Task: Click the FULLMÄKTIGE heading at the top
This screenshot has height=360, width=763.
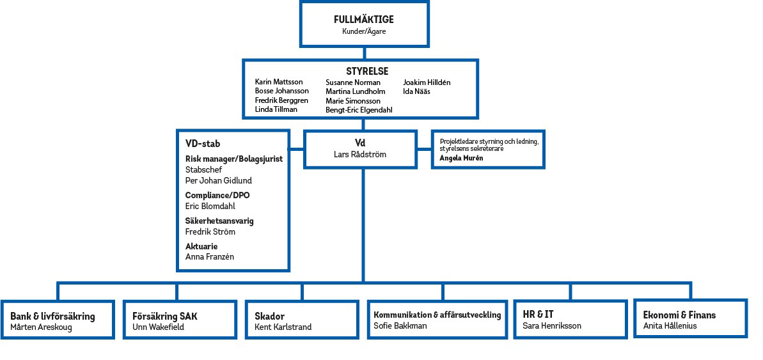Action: [363, 20]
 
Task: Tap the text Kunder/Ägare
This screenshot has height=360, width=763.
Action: [363, 31]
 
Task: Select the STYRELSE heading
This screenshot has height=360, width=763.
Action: [366, 71]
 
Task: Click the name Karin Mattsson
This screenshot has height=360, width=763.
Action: [279, 82]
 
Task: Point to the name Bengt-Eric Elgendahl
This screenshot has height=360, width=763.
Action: [358, 110]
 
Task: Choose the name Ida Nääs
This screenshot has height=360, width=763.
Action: [416, 91]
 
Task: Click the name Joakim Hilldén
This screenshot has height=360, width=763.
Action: [427, 82]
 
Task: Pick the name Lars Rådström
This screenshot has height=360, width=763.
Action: [360, 154]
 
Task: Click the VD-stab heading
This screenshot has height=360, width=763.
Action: [203, 144]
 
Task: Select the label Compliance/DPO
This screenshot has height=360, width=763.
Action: [217, 195]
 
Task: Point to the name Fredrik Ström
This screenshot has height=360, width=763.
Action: [210, 231]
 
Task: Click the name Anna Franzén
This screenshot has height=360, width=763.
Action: [210, 257]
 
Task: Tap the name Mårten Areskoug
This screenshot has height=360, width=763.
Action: [41, 327]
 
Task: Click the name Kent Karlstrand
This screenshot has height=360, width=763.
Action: [283, 327]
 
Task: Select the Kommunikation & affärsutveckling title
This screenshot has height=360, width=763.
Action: [437, 315]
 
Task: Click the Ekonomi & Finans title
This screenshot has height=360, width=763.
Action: [679, 315]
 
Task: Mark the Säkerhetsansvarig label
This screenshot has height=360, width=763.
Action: [219, 221]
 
